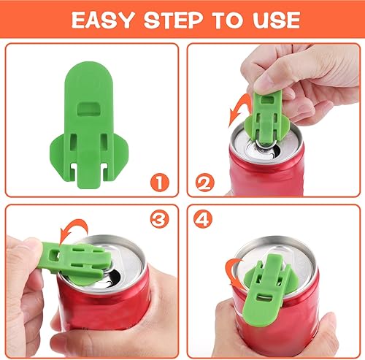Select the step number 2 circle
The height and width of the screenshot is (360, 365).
click(207, 179)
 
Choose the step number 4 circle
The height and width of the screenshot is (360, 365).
click(207, 218)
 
